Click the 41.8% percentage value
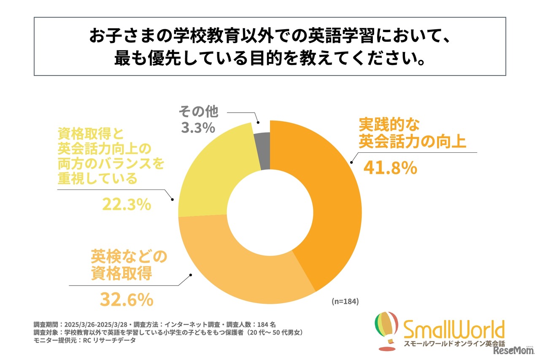coord(390,168)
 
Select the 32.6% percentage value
coord(126,300)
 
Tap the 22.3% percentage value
coord(126,205)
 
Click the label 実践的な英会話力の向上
coord(412,133)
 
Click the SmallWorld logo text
coord(454,330)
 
